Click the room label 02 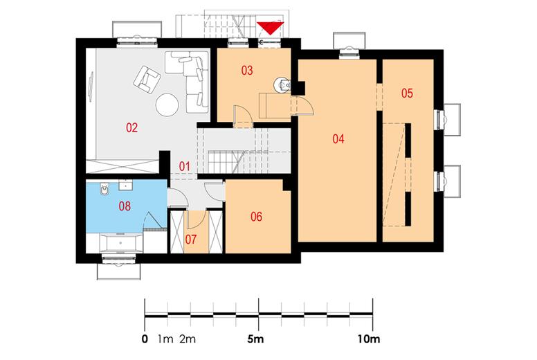click(132, 128)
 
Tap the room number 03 click(247, 71)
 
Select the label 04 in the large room click(338, 138)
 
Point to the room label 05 click(407, 93)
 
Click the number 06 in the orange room click(256, 217)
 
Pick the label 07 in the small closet click(191, 239)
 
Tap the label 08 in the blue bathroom click(125, 206)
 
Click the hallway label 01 click(184, 167)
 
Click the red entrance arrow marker click(271, 28)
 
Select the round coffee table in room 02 click(167, 105)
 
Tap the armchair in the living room click(147, 79)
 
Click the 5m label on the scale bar click(255, 339)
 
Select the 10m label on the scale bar click(369, 339)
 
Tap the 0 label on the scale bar click(145, 339)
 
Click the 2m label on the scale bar click(188, 339)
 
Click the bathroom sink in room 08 click(125, 185)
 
